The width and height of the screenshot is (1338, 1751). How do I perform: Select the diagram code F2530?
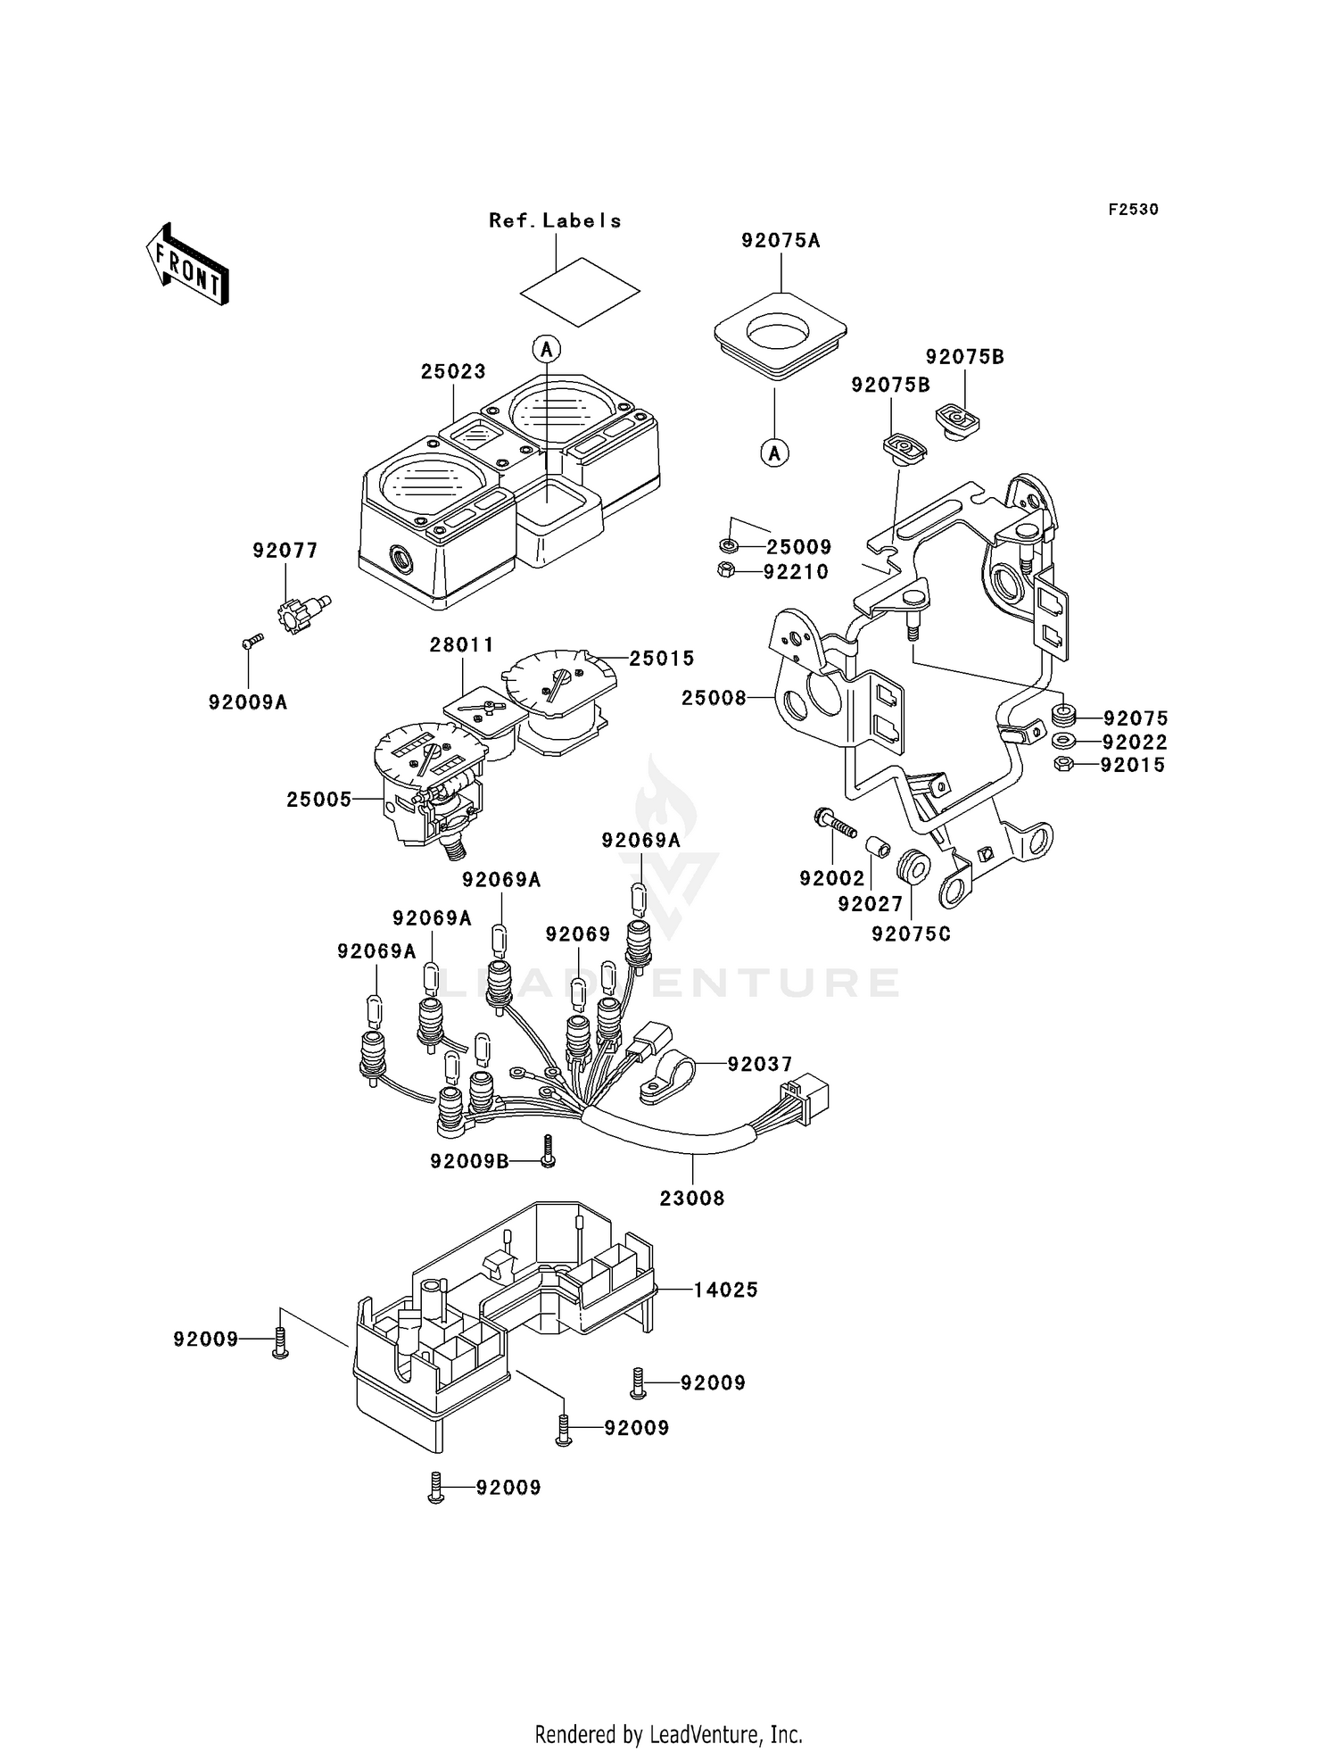tap(1133, 210)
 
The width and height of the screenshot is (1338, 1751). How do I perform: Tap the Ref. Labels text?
tap(555, 220)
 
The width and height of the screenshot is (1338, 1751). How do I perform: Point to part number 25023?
tap(453, 371)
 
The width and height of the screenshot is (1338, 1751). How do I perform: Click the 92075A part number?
tap(780, 240)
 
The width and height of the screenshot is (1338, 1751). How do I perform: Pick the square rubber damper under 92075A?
tap(780, 340)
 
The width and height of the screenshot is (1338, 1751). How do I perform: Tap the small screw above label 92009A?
tap(252, 640)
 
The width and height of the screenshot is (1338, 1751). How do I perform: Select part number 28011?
tap(461, 644)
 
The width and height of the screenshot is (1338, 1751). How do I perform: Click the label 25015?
tap(662, 659)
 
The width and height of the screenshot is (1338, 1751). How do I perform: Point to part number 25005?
tap(319, 800)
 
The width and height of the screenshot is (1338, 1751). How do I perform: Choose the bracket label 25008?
tap(714, 698)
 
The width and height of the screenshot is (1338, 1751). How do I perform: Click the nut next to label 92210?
tap(725, 569)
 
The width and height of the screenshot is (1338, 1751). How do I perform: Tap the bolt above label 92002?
tap(833, 821)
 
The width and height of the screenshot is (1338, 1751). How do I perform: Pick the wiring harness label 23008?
tap(692, 1199)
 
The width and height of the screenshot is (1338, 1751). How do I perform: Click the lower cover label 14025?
tap(726, 1290)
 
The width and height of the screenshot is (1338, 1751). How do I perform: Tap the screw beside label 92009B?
tap(548, 1150)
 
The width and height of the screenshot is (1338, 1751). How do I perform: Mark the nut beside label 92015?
tap(1062, 764)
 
